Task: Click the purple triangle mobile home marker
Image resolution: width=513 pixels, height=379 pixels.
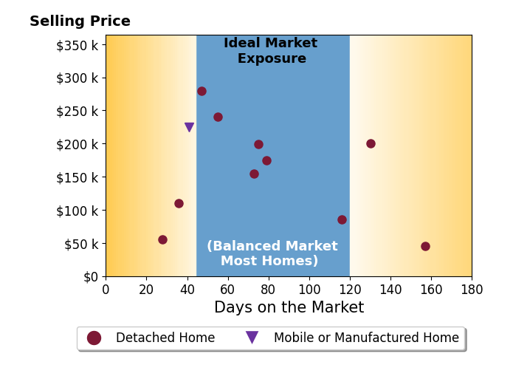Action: point(189,126)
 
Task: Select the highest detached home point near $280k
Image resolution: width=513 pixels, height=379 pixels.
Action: point(202,91)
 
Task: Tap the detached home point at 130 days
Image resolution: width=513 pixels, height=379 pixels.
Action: point(371,143)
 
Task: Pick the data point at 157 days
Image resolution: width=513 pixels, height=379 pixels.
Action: point(425,246)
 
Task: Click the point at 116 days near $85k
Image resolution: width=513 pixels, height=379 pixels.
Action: point(342,219)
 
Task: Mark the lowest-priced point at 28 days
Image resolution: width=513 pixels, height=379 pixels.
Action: point(162,240)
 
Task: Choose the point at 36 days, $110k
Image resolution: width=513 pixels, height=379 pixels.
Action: point(179,203)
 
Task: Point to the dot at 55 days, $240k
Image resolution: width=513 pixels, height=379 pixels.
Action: point(218,117)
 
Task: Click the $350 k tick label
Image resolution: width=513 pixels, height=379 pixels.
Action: point(78,46)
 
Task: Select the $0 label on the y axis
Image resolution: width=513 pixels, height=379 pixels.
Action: point(91,277)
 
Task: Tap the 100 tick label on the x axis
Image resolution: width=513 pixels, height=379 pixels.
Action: point(309,290)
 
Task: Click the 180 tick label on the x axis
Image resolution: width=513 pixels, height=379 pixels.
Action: point(472,290)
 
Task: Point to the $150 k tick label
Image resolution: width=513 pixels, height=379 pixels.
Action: point(78,178)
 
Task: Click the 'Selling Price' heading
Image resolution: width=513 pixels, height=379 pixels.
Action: point(80,21)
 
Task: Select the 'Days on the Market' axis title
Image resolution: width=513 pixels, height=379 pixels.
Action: point(289,307)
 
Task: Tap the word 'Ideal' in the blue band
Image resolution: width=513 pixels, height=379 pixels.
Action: point(242,43)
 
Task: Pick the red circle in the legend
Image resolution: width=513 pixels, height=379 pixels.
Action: point(94,338)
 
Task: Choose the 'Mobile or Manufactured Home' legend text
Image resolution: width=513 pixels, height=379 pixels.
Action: point(366,338)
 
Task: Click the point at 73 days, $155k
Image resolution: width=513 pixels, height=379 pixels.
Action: point(254,174)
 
